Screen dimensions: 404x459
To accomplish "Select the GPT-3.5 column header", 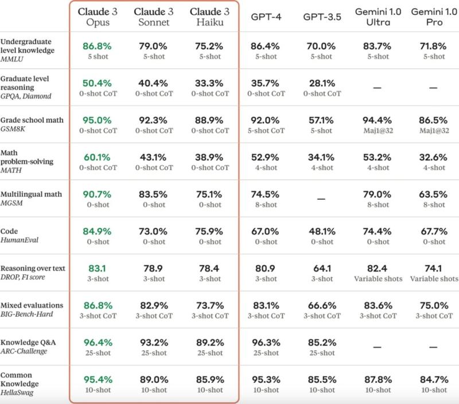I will point(321,17).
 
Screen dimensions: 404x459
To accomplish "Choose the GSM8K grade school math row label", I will point(32,125).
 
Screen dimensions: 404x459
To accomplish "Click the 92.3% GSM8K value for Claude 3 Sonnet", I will point(153,120).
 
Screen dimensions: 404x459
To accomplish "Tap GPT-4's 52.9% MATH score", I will point(265,157).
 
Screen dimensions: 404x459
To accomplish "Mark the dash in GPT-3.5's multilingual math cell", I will point(321,199).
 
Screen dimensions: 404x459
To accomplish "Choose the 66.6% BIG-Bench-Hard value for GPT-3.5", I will point(321,305).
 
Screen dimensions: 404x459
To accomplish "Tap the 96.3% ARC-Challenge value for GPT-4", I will point(265,342).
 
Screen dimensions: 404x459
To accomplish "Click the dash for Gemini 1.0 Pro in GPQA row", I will point(433,88).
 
